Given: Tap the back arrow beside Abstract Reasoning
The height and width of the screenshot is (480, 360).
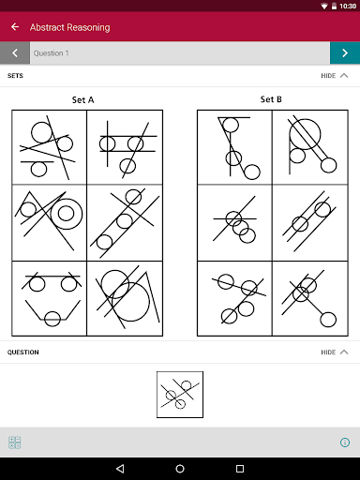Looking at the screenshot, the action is (x=15, y=27).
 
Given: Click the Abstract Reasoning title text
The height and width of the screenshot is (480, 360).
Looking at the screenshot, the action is (x=70, y=27).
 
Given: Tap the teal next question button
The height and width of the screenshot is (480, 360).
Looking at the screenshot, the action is (x=345, y=53).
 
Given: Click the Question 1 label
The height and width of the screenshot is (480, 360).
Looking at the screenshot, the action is (x=52, y=53).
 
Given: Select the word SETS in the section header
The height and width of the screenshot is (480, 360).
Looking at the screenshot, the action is (x=15, y=76).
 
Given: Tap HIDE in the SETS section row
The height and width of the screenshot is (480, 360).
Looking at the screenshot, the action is (x=328, y=76).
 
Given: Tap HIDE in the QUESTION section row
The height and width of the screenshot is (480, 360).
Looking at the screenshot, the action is (x=328, y=352).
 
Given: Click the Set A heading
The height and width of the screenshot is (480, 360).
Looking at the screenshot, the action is (x=82, y=100).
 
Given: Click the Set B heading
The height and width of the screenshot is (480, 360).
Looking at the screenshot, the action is (x=271, y=99).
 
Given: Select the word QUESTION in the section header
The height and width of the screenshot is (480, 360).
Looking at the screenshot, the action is (x=23, y=352).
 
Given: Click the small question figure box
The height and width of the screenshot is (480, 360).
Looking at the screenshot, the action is (x=180, y=395).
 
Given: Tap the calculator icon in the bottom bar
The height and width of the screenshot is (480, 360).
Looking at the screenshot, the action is (x=15, y=442).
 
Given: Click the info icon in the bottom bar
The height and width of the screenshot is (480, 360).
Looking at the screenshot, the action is (x=345, y=442).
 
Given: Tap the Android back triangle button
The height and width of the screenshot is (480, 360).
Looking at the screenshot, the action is (x=120, y=469).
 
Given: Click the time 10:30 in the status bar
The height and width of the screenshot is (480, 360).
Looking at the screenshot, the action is (x=348, y=6).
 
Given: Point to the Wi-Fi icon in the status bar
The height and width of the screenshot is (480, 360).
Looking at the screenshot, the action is (x=324, y=6).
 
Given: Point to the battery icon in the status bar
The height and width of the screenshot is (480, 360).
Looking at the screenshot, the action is (x=334, y=6).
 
